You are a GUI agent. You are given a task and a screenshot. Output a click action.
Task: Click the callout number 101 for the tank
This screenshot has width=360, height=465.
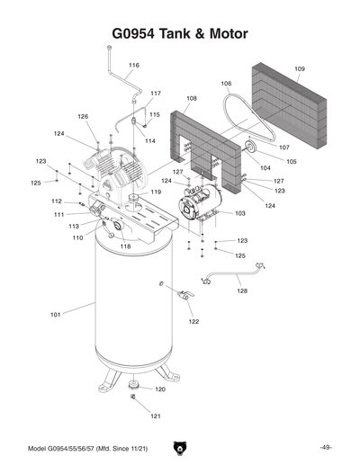pos(55,315)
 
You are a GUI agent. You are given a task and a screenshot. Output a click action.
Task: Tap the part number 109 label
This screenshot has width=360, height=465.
pos(300,69)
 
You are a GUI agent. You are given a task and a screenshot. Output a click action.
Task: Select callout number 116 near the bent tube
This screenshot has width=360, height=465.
pos(134,66)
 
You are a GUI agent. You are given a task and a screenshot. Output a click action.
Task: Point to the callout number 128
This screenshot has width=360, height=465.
pos(242,291)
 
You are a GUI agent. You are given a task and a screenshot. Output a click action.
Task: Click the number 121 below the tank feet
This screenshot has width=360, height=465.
pos(155,416)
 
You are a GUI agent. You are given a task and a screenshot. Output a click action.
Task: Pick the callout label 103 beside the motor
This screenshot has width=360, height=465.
pos(240,213)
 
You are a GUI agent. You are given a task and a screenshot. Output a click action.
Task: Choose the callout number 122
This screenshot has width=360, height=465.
pos(193,321)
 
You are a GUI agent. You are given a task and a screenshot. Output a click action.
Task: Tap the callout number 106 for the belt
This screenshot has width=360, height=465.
pos(226,84)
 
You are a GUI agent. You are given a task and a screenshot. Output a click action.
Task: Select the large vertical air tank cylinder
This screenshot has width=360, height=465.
pos(135,306)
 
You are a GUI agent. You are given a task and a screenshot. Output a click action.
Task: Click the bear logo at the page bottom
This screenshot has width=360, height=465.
pos(180,448)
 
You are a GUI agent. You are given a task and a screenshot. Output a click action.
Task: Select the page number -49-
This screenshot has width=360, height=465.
pos(326,448)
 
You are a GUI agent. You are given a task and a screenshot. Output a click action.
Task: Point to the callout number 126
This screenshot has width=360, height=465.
pos(82,117)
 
